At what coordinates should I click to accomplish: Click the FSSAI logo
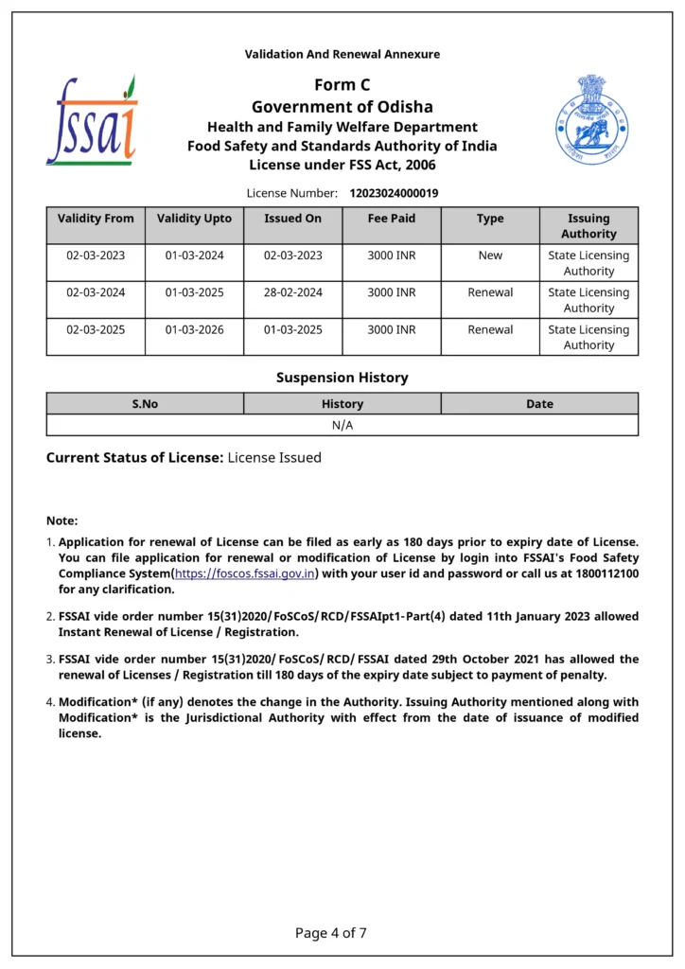[x=93, y=120]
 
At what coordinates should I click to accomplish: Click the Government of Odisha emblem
[x=591, y=120]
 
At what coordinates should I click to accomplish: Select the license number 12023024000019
[x=394, y=193]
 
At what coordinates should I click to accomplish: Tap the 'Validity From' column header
[x=96, y=219]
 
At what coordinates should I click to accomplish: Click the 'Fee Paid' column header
[x=392, y=219]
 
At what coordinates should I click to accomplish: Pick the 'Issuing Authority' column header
[x=588, y=225]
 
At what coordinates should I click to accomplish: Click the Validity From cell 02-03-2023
[x=96, y=255]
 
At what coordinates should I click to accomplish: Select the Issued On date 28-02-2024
[x=293, y=292]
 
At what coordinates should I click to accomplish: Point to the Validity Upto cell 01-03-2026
[x=194, y=329]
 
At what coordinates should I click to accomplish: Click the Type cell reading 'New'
[x=490, y=255]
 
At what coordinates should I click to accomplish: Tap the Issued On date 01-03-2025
[x=293, y=329]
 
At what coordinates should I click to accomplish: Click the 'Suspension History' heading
[x=342, y=378]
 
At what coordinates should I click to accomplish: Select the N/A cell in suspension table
[x=342, y=425]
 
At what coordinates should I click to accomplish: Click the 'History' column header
[x=342, y=404]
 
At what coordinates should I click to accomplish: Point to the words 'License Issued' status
[x=274, y=458]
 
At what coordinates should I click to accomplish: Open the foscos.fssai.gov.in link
[x=245, y=573]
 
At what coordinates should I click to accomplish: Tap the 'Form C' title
[x=342, y=86]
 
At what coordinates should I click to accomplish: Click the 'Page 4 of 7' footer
[x=331, y=933]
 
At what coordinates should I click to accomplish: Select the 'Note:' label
[x=62, y=520]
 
